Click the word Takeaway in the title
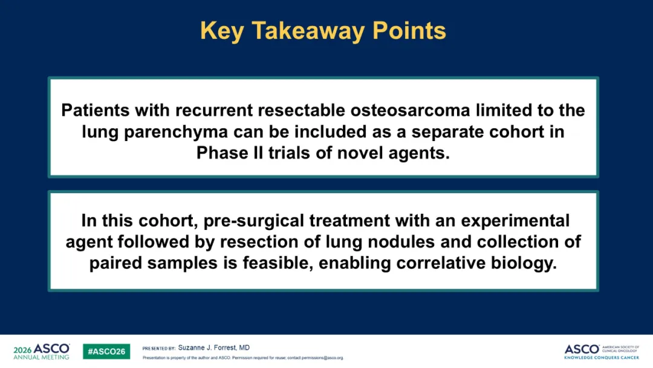point(308,31)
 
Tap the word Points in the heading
point(409,30)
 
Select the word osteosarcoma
point(410,110)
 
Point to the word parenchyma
point(176,132)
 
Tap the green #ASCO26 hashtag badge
point(106,352)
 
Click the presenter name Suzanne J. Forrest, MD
point(214,347)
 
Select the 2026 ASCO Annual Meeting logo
point(42,351)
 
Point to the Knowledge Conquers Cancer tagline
point(602,358)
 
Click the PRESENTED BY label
point(158,349)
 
